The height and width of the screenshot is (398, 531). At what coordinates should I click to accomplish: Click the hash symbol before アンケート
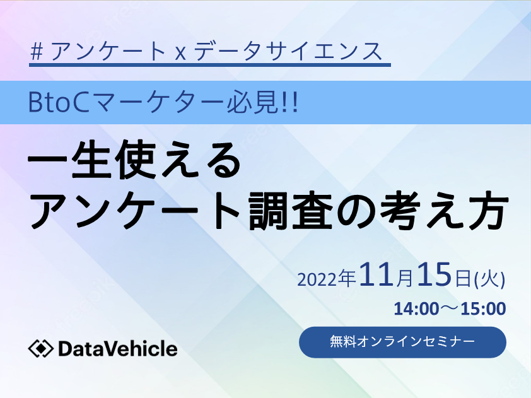click(x=37, y=52)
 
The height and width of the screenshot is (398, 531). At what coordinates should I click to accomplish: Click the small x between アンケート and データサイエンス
click(x=180, y=54)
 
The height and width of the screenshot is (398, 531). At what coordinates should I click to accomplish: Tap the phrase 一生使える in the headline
click(x=134, y=160)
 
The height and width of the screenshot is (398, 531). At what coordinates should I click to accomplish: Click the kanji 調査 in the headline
click(x=290, y=210)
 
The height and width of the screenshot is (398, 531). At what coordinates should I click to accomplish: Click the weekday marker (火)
click(x=489, y=280)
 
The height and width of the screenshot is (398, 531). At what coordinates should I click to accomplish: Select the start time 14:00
click(x=416, y=309)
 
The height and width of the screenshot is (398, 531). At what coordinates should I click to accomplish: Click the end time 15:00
click(x=483, y=309)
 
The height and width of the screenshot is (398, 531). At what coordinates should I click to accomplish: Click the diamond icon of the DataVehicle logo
click(x=40, y=349)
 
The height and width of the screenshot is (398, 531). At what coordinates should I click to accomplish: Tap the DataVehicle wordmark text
click(x=118, y=349)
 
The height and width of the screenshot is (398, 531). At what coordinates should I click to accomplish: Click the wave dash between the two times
click(x=450, y=309)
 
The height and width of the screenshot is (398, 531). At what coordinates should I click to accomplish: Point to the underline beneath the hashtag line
click(x=210, y=65)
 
